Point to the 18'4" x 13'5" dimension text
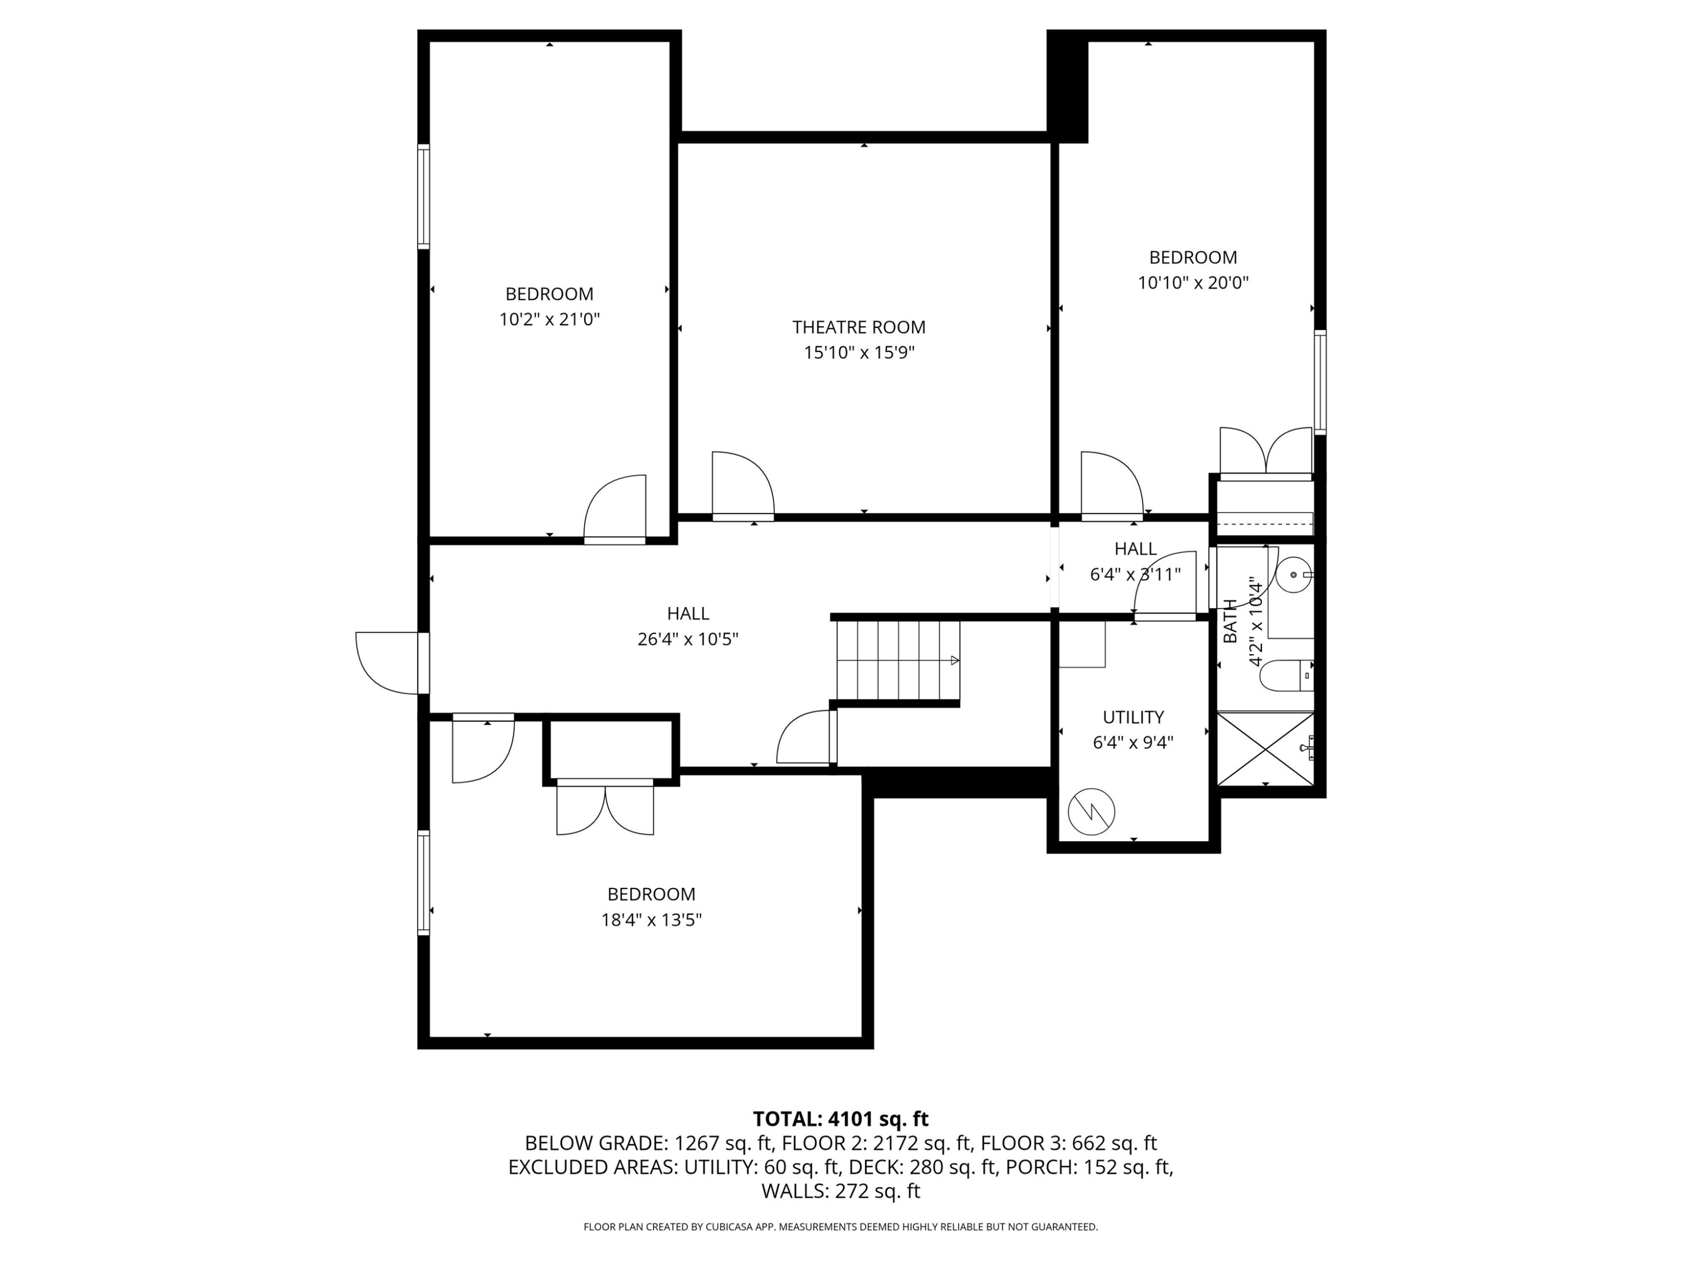pos(651,920)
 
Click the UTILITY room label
pos(1133,717)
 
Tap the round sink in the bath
pos(1293,576)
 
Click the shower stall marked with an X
pos(1265,749)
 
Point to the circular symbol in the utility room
pos(1091,812)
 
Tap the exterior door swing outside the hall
pos(384,664)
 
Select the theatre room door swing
pos(741,484)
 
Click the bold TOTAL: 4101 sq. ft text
pos(840,1119)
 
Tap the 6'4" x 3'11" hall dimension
pos(1135,574)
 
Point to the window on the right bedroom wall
pos(1321,382)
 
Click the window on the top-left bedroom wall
pos(423,196)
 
